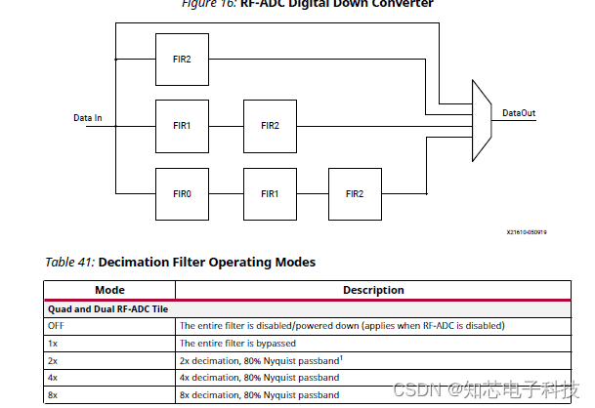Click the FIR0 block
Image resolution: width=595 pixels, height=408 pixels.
coord(182,193)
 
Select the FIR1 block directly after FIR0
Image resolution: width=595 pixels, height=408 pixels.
coord(269,193)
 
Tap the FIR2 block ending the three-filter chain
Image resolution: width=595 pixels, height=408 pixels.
coord(355,193)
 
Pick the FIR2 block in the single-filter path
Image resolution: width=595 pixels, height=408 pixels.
coord(182,59)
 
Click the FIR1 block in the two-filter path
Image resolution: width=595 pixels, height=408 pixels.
coord(182,125)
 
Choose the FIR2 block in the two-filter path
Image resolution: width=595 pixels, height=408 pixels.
coord(269,125)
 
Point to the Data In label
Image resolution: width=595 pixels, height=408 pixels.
coord(88,118)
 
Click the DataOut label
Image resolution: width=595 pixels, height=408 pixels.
coord(519,113)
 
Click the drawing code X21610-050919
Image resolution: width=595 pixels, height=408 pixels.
coord(526,233)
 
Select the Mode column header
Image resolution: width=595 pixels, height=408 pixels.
coord(109,290)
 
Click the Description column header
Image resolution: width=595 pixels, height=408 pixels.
coord(373,290)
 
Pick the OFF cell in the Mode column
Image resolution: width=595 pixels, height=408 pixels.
coord(56,325)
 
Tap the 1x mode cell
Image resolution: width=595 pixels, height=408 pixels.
coord(53,343)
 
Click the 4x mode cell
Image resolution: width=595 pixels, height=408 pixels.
coord(53,378)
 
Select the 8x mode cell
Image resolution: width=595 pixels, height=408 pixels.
coord(53,395)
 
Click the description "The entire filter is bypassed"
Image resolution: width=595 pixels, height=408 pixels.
coord(237,343)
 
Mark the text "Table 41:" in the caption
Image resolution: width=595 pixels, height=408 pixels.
coord(69,263)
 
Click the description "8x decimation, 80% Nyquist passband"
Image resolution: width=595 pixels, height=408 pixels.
coord(259,395)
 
